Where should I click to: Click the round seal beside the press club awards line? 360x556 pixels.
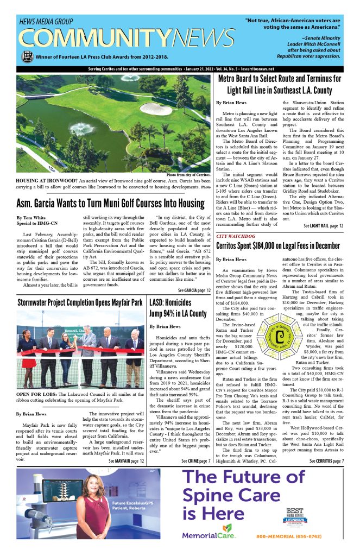coord(27,56)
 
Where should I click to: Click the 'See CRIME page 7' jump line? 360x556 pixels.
coord(196,461)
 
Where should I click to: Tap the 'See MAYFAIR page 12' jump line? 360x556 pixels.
coord(127,461)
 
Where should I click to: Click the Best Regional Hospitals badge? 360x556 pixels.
coord(297,517)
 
